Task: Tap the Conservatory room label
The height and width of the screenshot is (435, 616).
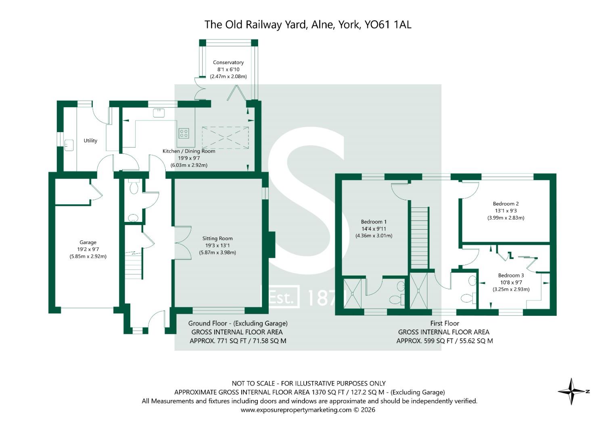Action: click(x=228, y=62)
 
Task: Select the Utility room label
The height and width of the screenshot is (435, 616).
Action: click(x=90, y=141)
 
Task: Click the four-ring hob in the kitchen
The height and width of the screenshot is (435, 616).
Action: click(x=184, y=133)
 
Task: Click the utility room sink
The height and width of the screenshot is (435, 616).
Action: click(x=69, y=145)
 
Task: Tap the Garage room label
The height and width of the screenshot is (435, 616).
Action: click(x=88, y=242)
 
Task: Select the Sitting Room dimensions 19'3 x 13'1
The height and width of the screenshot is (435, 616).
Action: click(x=217, y=245)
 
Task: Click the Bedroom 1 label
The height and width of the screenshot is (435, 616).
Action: click(x=374, y=222)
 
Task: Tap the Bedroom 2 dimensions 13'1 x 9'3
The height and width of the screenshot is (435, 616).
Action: click(x=506, y=211)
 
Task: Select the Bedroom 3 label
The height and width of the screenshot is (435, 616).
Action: click(x=511, y=275)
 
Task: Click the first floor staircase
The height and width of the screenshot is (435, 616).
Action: click(x=420, y=238)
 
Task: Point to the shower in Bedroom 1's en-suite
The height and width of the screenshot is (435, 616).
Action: click(x=352, y=293)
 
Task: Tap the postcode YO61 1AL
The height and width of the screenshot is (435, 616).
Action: click(x=388, y=25)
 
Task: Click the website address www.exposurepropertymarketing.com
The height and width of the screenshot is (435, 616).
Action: click(x=296, y=410)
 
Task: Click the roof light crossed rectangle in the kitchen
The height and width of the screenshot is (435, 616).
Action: click(x=225, y=138)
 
